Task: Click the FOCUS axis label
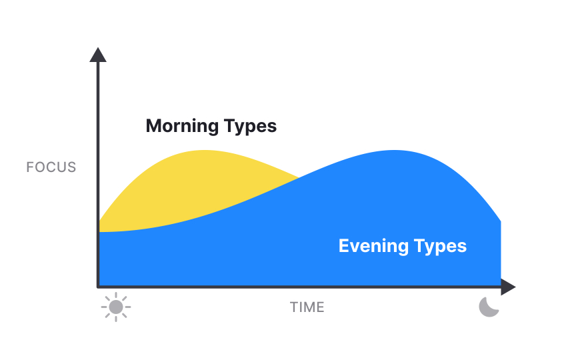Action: (51, 167)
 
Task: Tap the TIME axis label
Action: (307, 308)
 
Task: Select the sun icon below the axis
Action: (116, 307)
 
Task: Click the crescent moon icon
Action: (489, 307)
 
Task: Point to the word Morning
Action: (182, 126)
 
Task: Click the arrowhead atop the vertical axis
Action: (98, 55)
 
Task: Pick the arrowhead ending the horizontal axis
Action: (509, 287)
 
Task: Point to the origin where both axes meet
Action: (99, 287)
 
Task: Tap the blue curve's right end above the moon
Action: (500, 221)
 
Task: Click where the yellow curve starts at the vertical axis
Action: (100, 222)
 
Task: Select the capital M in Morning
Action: (154, 126)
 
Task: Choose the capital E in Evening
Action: (344, 246)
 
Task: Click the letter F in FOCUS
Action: (29, 167)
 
